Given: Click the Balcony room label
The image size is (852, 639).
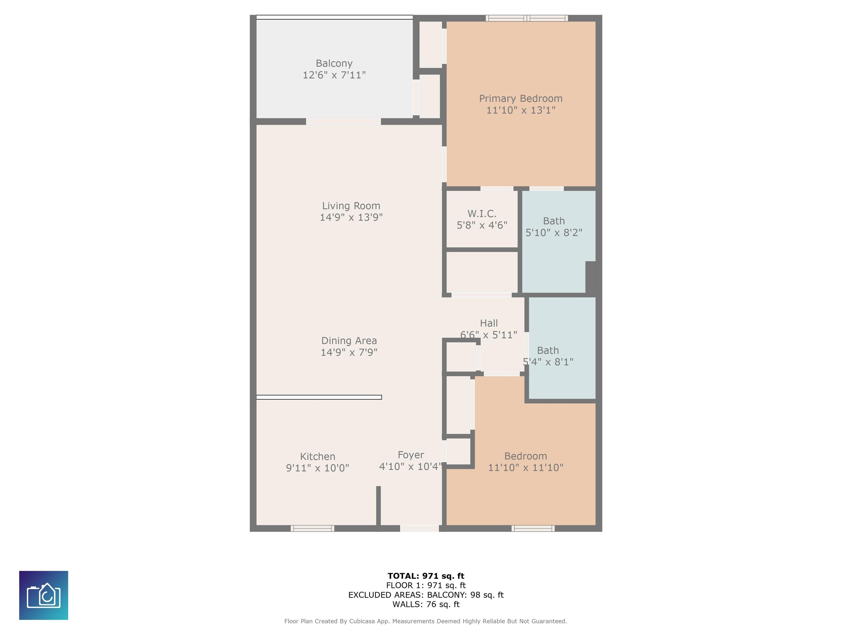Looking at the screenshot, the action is (x=334, y=63).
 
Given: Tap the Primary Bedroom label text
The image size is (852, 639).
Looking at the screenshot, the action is (x=521, y=99).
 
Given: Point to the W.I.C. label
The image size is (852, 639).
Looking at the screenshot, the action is (x=482, y=213).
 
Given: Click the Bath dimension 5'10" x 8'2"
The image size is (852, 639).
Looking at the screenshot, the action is (x=554, y=233).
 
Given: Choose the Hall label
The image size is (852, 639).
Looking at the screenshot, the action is (x=489, y=323).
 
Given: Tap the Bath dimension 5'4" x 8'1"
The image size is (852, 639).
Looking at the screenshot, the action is (x=548, y=362).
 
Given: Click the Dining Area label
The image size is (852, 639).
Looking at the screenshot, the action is (x=349, y=341).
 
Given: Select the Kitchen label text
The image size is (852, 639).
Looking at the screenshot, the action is (x=317, y=457).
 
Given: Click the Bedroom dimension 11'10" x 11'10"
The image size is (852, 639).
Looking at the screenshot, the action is (x=526, y=468).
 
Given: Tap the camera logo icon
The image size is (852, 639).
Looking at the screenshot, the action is (x=44, y=595).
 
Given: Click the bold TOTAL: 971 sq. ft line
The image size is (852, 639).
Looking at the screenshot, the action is (x=426, y=576).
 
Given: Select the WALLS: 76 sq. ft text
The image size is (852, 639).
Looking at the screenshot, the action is (x=426, y=604).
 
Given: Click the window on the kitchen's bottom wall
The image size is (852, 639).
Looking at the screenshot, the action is (x=312, y=528).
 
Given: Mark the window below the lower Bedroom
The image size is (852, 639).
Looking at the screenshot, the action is (x=533, y=528).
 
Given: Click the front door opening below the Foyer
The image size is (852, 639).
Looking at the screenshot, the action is (x=419, y=528).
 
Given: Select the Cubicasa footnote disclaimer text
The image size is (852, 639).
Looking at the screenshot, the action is (x=426, y=621).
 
